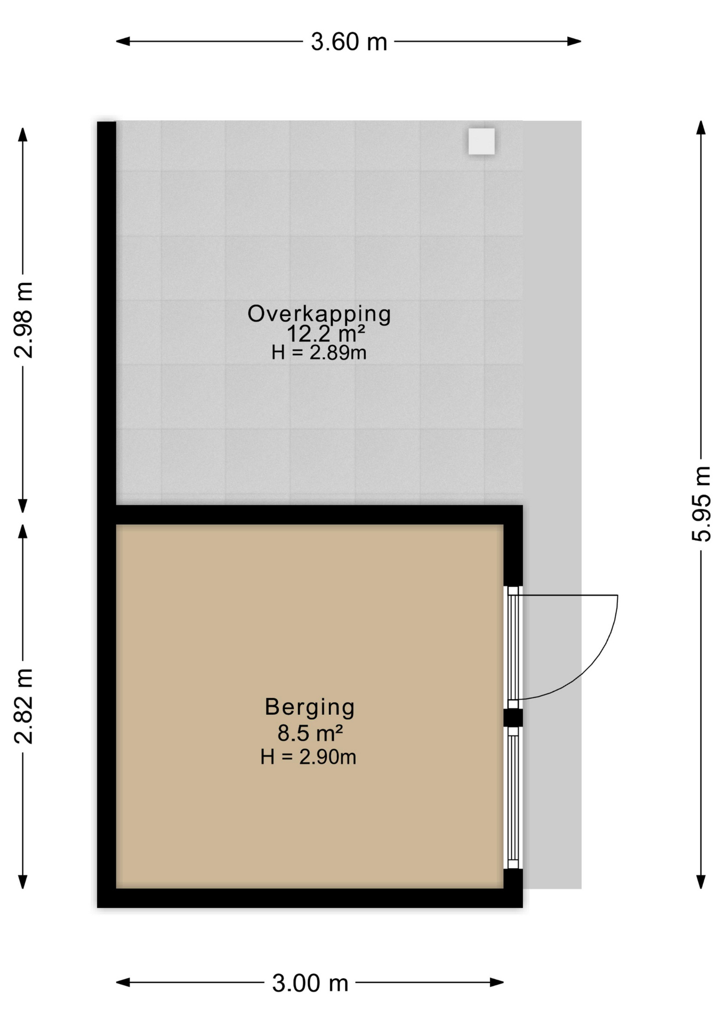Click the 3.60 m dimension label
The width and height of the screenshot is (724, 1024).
coord(349,42)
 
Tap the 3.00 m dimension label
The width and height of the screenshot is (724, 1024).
coord(310,983)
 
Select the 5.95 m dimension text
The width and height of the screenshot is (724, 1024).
coord(702,503)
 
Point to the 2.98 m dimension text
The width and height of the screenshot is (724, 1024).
coord(24,319)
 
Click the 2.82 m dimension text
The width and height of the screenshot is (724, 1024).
coord(24,706)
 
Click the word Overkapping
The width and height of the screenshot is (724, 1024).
coord(319,314)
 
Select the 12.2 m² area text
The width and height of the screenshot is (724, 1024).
coord(325,334)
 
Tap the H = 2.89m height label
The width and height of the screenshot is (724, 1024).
coord(319,353)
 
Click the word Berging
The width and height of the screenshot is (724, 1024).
coord(309,707)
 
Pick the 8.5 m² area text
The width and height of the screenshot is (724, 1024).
coord(309,733)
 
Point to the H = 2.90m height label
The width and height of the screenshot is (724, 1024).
coord(308,757)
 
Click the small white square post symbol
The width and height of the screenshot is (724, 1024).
coord(481,141)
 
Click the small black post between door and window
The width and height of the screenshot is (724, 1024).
coord(513,717)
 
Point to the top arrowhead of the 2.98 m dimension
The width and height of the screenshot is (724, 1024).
coord(22,134)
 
